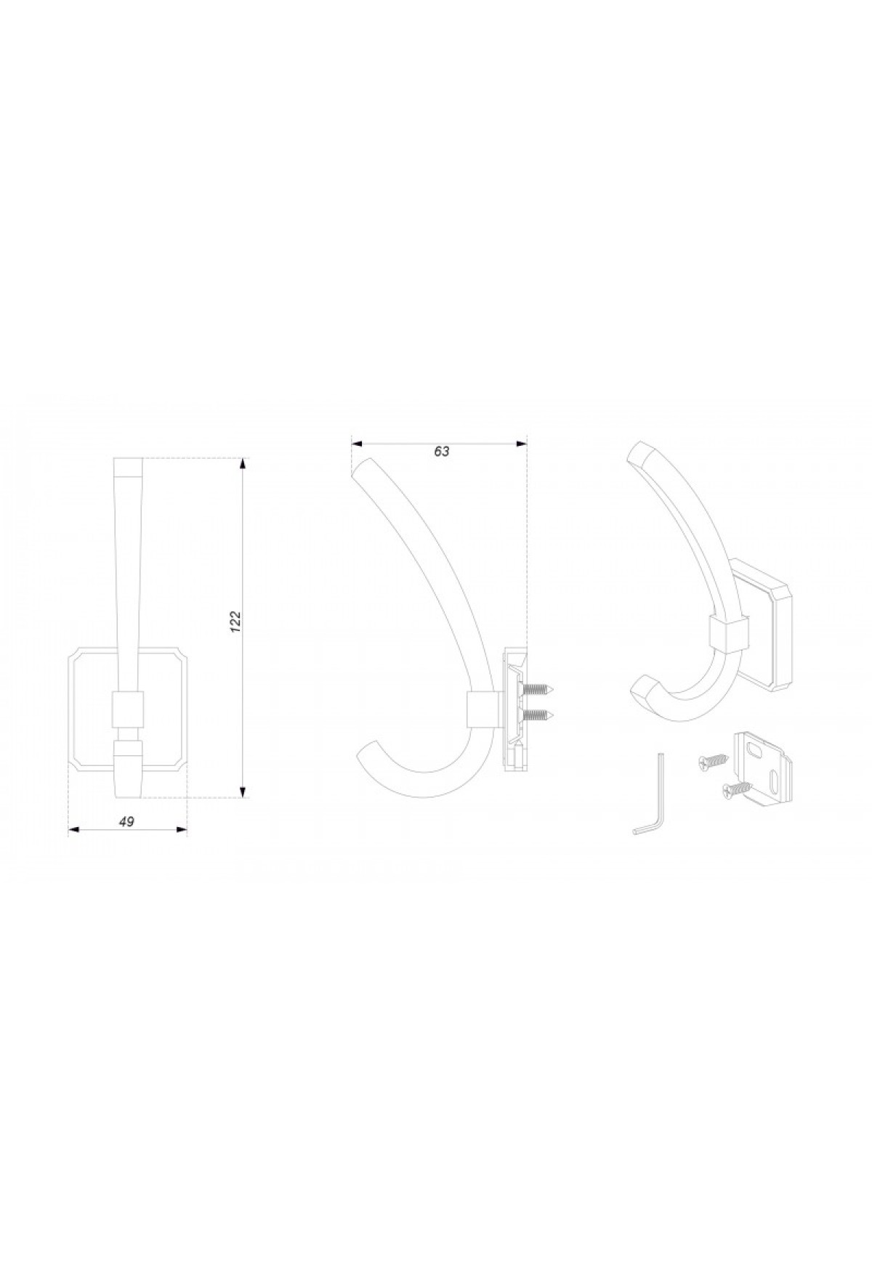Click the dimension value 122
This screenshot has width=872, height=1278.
click(235, 622)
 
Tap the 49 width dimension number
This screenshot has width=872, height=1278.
click(126, 821)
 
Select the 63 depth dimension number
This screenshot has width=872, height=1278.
click(442, 451)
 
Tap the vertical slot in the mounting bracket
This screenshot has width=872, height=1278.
click(776, 784)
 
